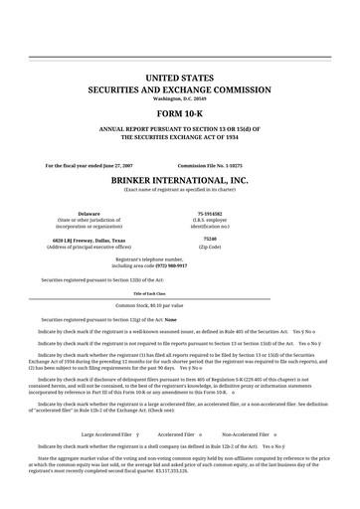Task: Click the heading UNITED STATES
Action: pos(180,77)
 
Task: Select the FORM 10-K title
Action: pos(180,111)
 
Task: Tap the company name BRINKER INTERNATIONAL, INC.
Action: pos(180,179)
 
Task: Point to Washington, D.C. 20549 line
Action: pos(180,98)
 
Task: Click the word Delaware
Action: pos(90,213)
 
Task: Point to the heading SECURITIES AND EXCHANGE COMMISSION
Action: pos(180,87)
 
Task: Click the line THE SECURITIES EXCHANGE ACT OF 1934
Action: pos(180,140)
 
